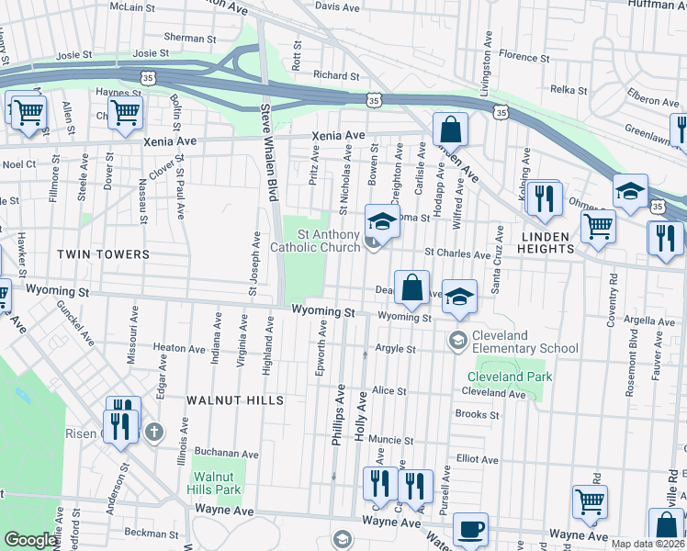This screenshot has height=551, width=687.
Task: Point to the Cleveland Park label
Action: coord(510,377)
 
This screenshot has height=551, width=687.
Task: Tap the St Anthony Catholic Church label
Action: coord(315,241)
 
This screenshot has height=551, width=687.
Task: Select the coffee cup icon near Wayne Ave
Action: coord(470,529)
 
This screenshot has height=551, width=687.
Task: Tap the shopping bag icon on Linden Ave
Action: coord(451,129)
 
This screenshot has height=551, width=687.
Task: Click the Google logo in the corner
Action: coord(30,540)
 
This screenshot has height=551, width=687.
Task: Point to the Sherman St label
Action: coord(190,39)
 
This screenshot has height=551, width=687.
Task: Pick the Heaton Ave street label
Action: coord(179,349)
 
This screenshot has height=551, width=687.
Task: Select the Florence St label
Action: coord(524,57)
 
